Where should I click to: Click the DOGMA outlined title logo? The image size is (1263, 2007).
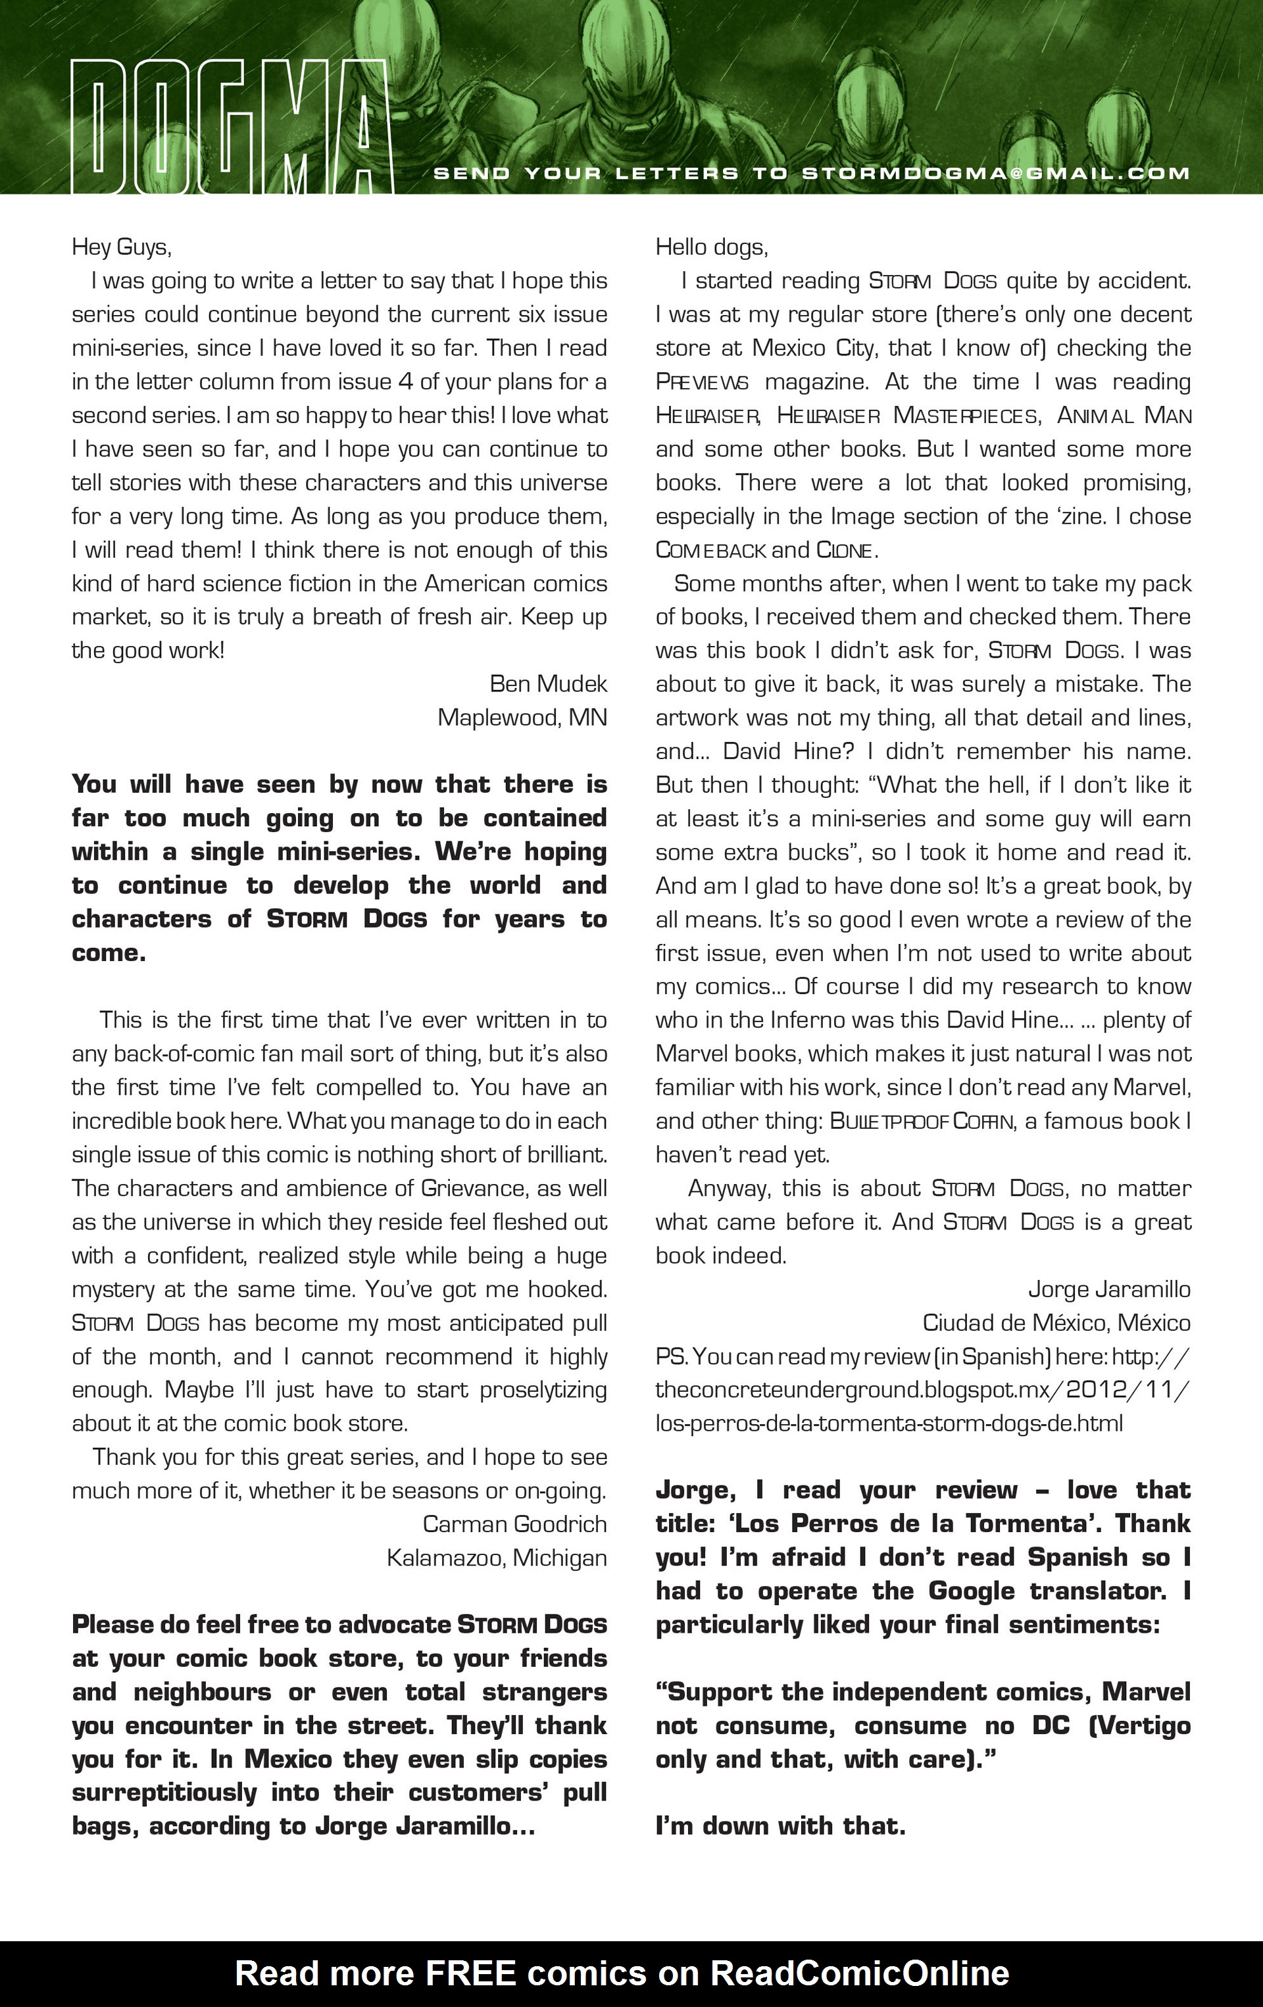coord(231,127)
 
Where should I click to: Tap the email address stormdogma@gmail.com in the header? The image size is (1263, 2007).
coord(995,174)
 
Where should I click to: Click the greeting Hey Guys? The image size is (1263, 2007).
coord(122,247)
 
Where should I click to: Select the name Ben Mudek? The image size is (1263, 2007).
coord(548,683)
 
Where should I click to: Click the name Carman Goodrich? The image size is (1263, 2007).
coord(514,1524)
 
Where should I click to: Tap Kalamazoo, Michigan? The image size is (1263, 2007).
coord(496,1557)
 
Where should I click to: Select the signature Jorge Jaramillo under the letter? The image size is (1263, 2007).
coord(1109,1289)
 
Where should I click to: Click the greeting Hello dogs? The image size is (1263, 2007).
coord(711,247)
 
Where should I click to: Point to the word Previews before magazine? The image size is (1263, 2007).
coord(702,382)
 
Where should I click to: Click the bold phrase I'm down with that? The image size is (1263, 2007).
coord(780,1825)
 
